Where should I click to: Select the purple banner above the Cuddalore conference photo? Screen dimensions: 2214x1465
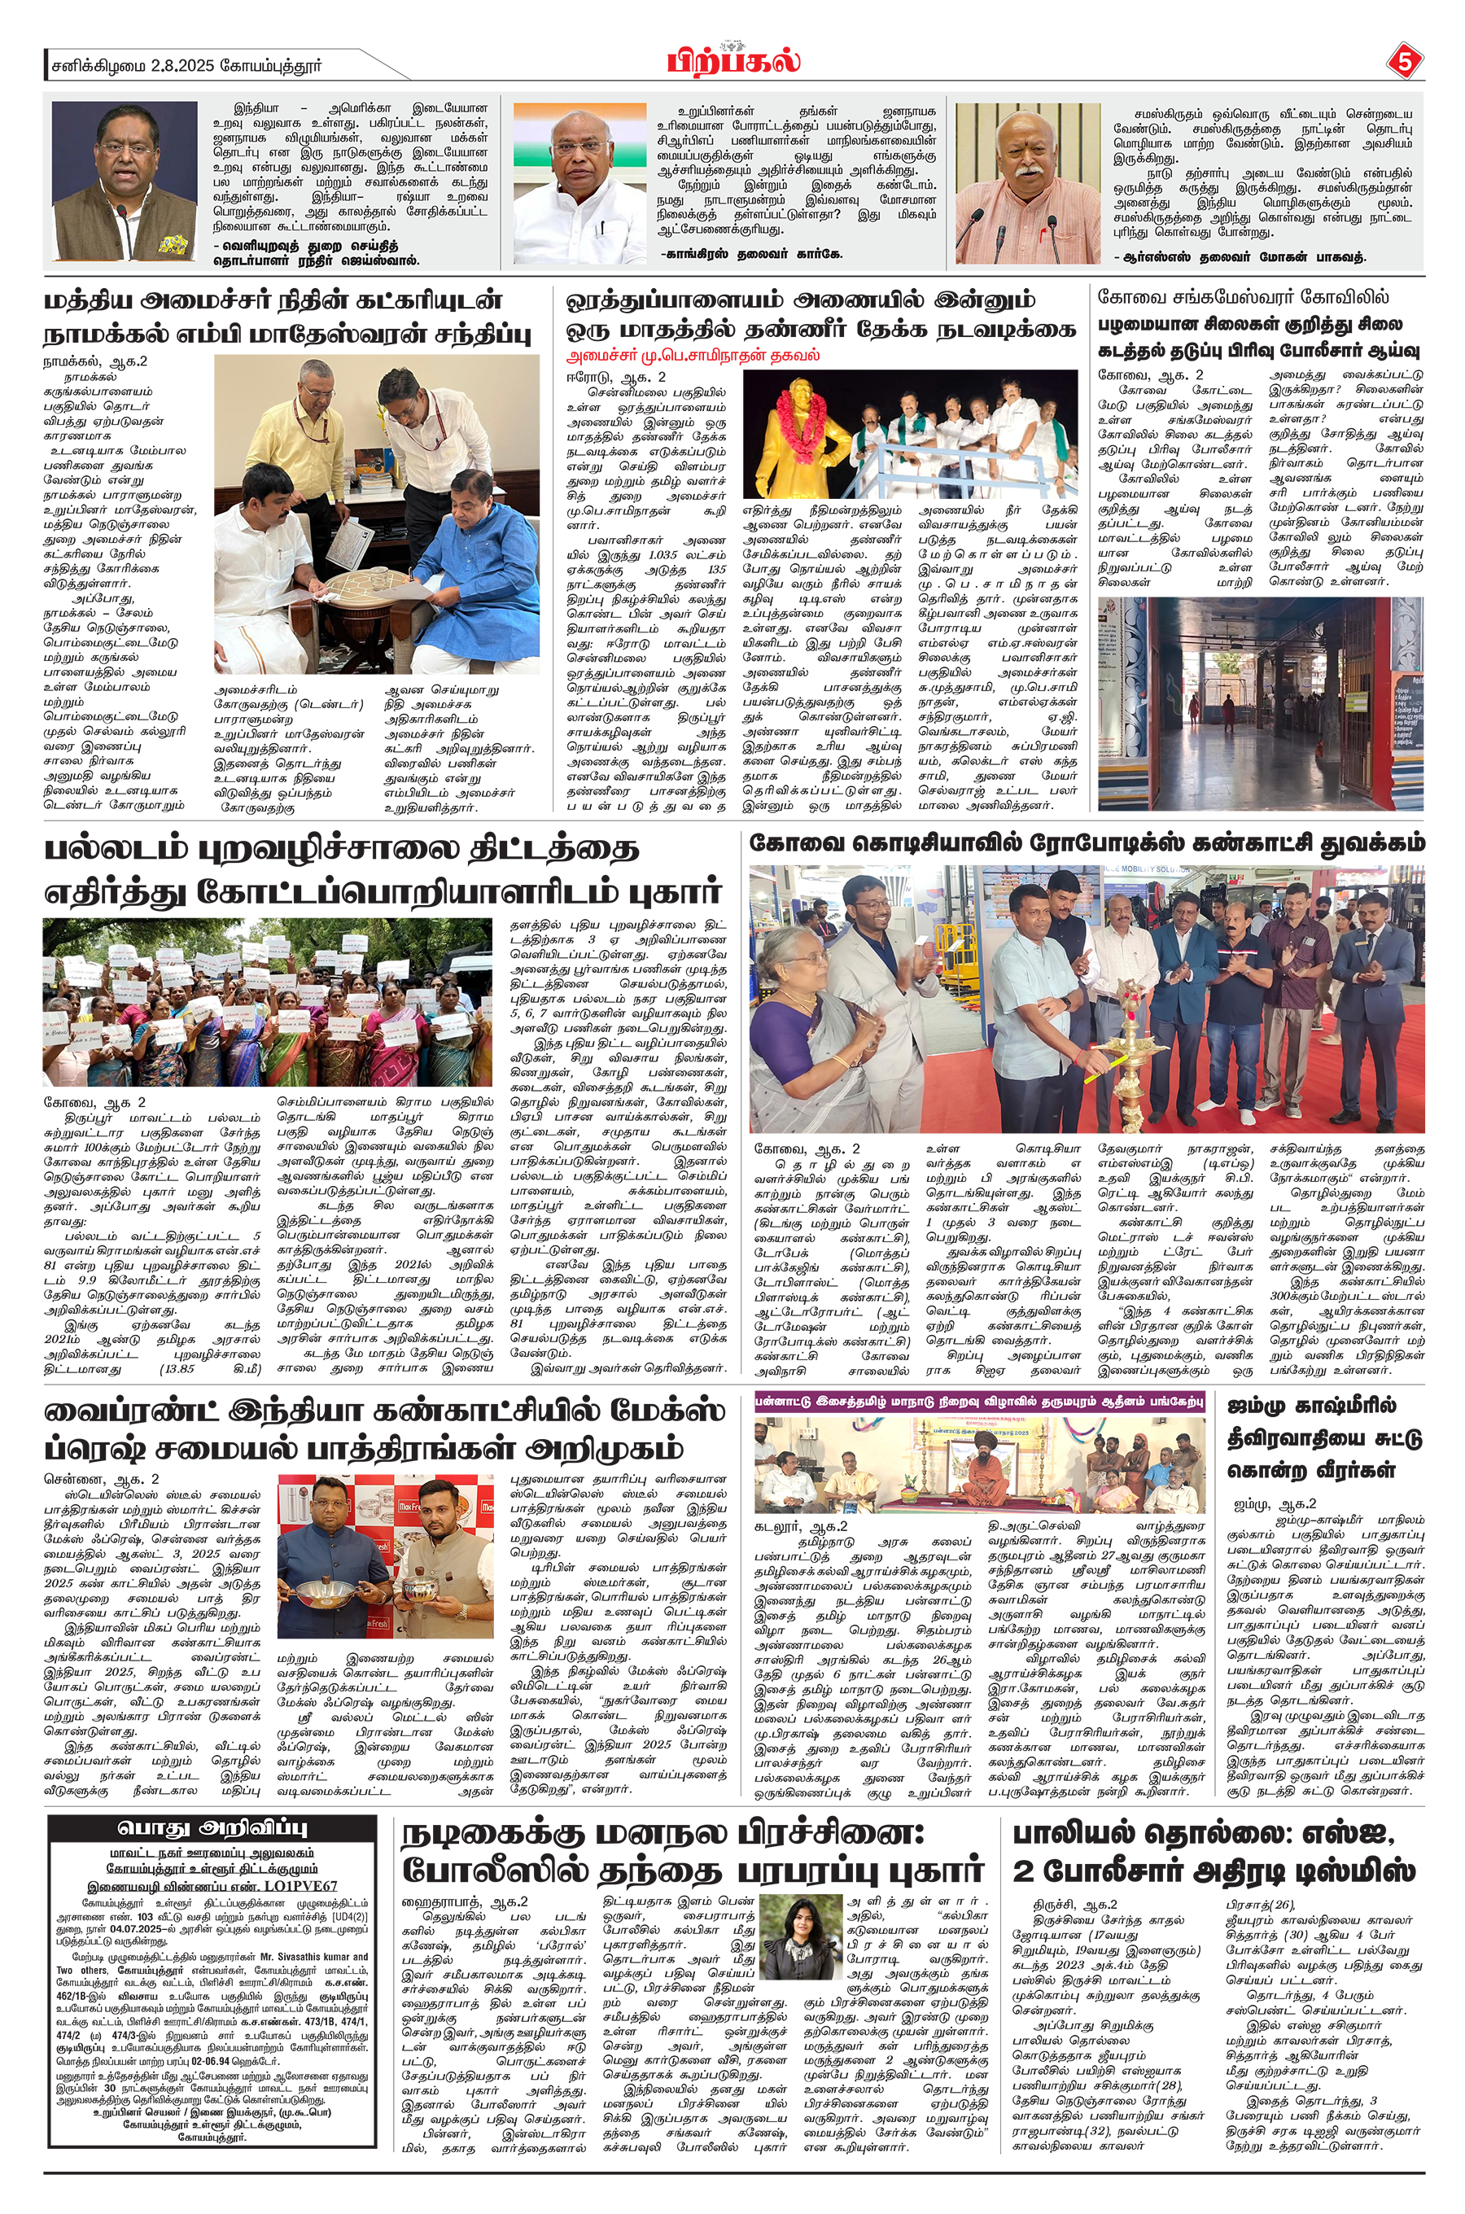click(x=979, y=1402)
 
